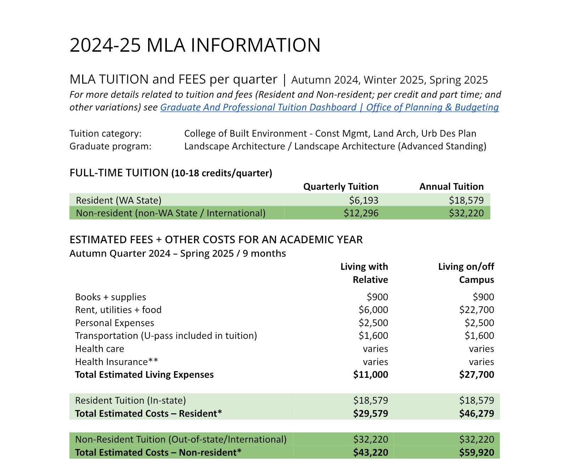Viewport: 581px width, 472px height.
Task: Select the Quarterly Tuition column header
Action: (341, 187)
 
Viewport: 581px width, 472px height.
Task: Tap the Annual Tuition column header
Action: (451, 187)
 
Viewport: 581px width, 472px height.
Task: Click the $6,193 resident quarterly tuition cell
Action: (363, 200)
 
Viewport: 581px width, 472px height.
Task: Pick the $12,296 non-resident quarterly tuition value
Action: (361, 213)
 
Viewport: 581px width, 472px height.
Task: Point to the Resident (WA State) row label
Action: (119, 200)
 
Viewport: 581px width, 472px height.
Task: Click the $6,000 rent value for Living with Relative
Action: (373, 310)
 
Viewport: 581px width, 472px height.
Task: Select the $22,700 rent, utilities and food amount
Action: (476, 310)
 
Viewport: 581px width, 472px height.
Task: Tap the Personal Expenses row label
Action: (114, 323)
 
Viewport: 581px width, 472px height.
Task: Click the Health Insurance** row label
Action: (117, 362)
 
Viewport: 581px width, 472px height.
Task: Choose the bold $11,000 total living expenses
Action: (370, 375)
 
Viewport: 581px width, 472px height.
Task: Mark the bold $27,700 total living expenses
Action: (476, 375)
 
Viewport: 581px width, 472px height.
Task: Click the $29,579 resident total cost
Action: (370, 414)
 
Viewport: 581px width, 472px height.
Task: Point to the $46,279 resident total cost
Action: (476, 414)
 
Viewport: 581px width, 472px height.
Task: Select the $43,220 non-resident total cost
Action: (370, 453)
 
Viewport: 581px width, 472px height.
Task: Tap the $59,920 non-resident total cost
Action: (476, 453)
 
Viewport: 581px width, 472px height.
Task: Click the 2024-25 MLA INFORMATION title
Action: (195, 45)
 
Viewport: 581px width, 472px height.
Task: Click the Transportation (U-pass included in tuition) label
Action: (166, 336)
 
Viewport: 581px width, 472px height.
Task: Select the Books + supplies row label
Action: (111, 297)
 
